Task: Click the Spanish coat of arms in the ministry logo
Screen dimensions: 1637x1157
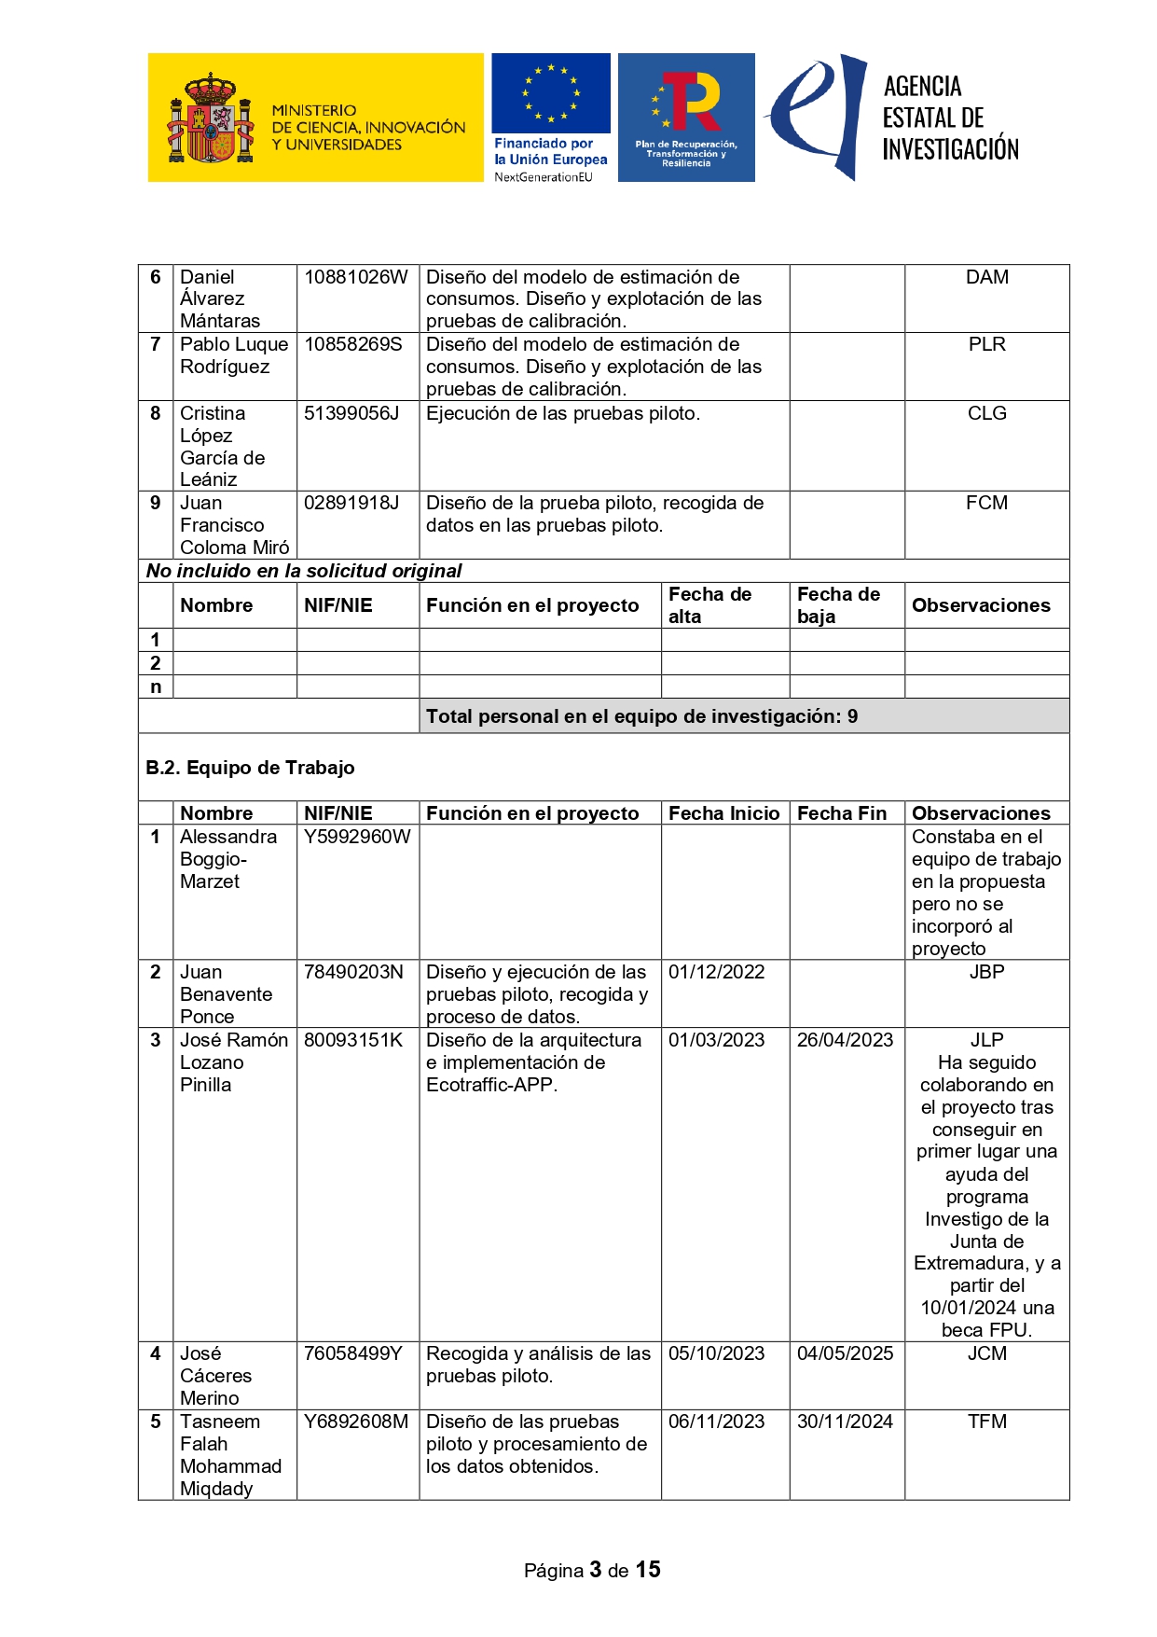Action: [211, 119]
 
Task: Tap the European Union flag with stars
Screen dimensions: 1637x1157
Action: [551, 93]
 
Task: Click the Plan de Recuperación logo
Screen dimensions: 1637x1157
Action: [686, 118]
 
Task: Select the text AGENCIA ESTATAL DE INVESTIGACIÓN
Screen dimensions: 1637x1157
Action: [949, 118]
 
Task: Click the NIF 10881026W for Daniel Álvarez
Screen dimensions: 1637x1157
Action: [356, 277]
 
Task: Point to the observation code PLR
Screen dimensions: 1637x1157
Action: [986, 344]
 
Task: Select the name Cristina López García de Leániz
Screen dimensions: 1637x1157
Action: [224, 446]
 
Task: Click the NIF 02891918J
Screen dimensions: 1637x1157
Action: [351, 503]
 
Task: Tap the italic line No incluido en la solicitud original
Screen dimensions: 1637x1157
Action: [304, 571]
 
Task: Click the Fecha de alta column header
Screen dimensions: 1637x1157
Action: [709, 605]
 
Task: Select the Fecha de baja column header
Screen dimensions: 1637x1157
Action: [838, 605]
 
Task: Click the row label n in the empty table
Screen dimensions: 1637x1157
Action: [156, 687]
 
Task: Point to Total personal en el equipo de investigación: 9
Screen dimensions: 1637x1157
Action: [641, 716]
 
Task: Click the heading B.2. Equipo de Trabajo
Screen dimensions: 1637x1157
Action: [250, 768]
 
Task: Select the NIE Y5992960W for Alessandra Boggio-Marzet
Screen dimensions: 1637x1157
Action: [357, 837]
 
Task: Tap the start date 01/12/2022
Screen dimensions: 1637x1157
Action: [716, 972]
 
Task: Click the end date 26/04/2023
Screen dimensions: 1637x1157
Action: [845, 1040]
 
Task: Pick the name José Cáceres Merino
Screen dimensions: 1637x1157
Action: [215, 1376]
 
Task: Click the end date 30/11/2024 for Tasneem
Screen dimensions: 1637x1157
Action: [845, 1422]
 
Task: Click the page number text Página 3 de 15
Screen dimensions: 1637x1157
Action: [592, 1570]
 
